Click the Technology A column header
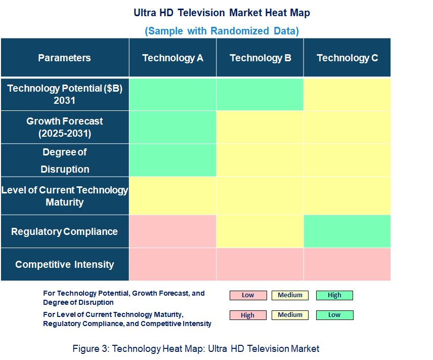[x=172, y=58]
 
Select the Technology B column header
[x=260, y=58]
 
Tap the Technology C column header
[x=347, y=58]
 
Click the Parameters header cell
[x=64, y=58]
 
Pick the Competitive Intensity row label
[x=64, y=264]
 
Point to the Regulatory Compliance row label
[x=64, y=231]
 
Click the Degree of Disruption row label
[x=64, y=161]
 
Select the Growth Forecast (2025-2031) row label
[x=64, y=127]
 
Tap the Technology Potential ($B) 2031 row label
[x=64, y=94]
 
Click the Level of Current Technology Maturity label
[x=64, y=196]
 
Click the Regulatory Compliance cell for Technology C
[x=347, y=231]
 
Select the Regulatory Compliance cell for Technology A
[x=172, y=231]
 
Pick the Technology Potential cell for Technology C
[x=347, y=94]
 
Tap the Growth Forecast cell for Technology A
[x=172, y=127]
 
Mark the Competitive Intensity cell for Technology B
[x=260, y=264]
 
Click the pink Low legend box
[x=248, y=295]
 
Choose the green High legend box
[x=334, y=295]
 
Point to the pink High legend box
[x=248, y=315]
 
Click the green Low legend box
[x=334, y=315]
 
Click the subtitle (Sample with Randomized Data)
[x=222, y=31]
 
